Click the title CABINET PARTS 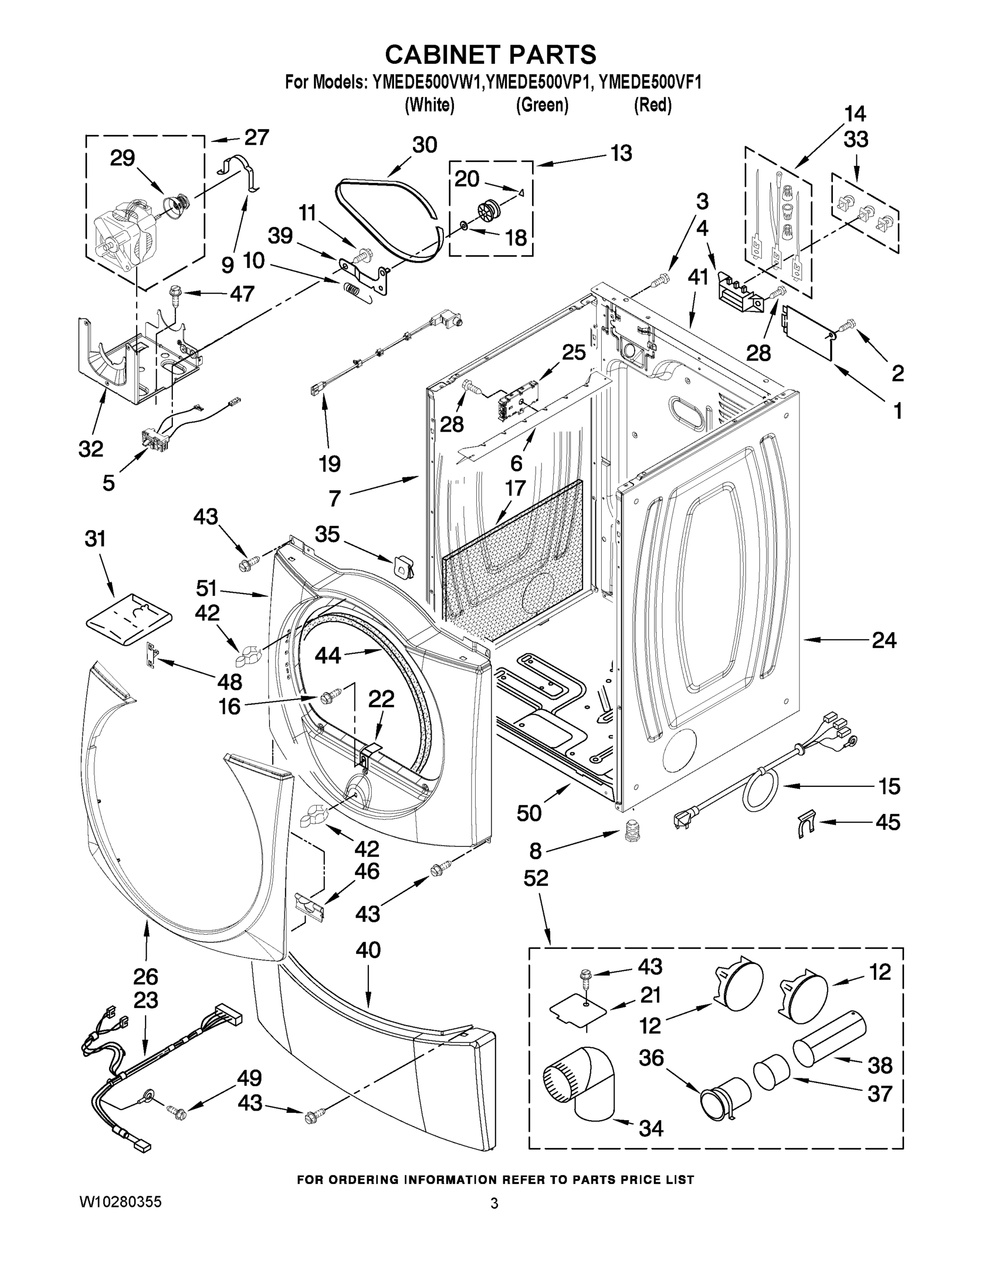[x=491, y=54]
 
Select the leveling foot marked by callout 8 [x=631, y=830]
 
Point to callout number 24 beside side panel [x=883, y=641]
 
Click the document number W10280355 [x=120, y=1202]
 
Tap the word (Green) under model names [x=542, y=105]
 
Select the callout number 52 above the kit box [x=536, y=894]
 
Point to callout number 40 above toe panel [x=368, y=950]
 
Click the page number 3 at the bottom [x=494, y=1204]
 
